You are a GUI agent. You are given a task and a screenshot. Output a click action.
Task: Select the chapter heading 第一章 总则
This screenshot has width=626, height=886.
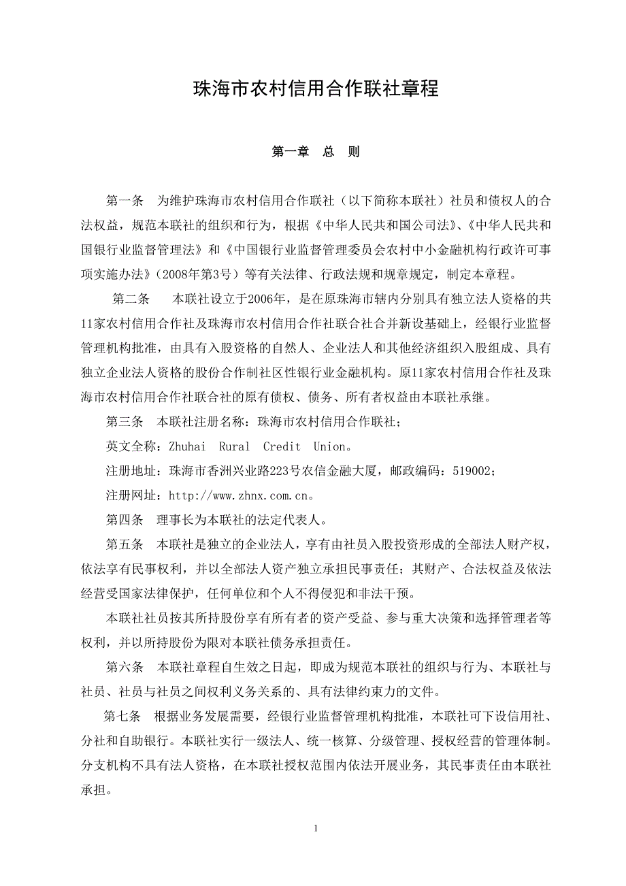coord(315,152)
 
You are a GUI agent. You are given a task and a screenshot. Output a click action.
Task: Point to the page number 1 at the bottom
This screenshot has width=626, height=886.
coord(316,828)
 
